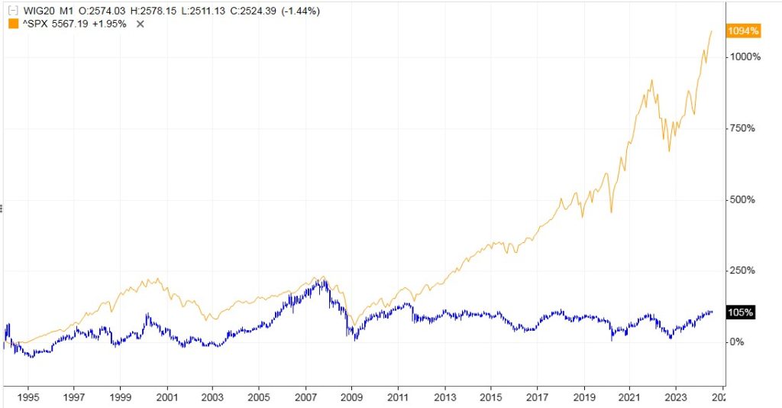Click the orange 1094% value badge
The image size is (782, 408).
[x=744, y=31]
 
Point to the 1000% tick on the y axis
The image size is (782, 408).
[x=744, y=57]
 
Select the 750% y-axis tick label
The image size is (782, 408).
[x=742, y=128]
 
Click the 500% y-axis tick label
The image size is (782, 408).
[x=742, y=199]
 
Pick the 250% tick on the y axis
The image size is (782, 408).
[x=742, y=270]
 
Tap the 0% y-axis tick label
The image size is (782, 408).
[x=736, y=342]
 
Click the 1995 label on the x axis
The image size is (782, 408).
[x=27, y=398]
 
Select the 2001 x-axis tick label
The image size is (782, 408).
[x=166, y=398]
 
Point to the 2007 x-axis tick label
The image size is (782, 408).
[x=305, y=398]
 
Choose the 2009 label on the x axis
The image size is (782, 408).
[x=351, y=398]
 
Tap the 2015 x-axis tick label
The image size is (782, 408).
[x=490, y=398]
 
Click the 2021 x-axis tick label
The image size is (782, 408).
[x=629, y=398]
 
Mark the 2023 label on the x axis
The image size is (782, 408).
[x=675, y=398]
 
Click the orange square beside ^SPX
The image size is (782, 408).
[x=12, y=24]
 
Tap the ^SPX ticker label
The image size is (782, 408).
[x=34, y=24]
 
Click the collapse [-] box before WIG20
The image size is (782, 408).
[x=11, y=11]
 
